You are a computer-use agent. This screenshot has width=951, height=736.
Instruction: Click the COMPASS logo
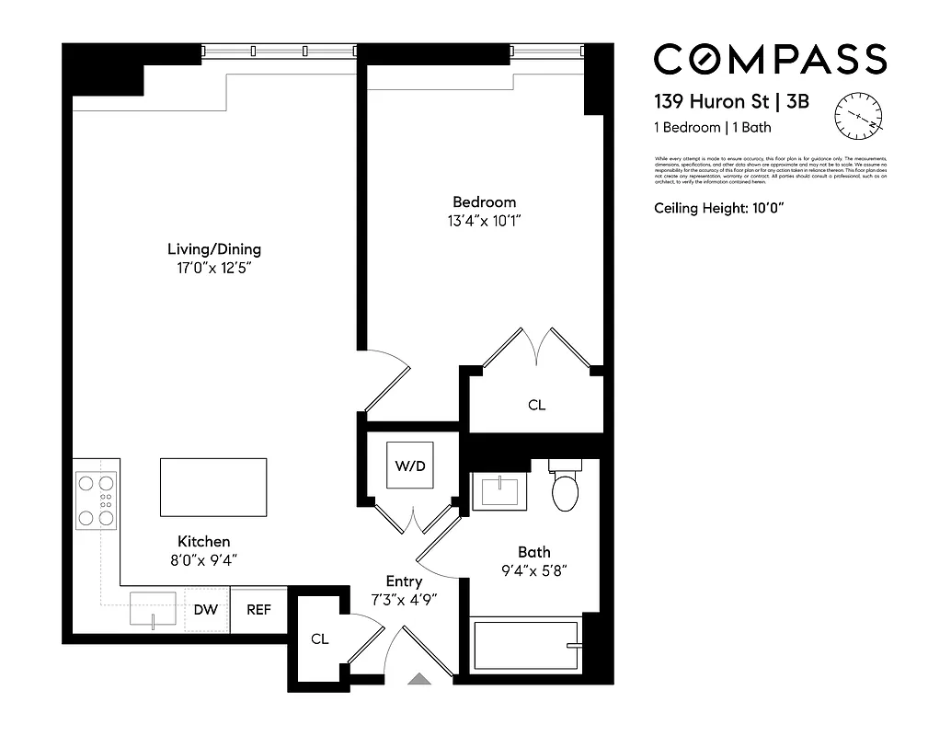click(x=770, y=60)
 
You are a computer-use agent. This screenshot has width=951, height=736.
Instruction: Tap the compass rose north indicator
click(x=857, y=117)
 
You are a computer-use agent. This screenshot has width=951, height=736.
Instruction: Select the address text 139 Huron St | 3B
click(x=731, y=101)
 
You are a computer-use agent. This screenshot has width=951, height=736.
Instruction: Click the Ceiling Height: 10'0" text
click(x=718, y=209)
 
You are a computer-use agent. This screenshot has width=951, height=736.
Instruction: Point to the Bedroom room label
click(x=484, y=202)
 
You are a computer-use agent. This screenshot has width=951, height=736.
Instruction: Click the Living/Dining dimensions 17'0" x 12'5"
click(x=213, y=269)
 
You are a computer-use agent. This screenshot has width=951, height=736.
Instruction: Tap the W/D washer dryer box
click(x=410, y=466)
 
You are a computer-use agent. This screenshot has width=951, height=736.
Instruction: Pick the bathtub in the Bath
click(x=524, y=646)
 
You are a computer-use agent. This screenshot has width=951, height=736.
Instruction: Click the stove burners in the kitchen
click(x=97, y=500)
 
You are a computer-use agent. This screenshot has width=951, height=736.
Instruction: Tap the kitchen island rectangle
click(x=213, y=488)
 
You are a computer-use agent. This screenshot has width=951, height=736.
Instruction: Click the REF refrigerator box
click(x=258, y=610)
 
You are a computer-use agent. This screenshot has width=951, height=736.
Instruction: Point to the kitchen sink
click(x=153, y=609)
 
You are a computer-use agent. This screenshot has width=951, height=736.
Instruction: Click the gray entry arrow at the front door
click(x=419, y=679)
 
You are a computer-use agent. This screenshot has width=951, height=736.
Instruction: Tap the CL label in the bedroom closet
click(x=536, y=405)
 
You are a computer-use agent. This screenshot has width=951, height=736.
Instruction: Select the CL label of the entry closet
click(x=319, y=638)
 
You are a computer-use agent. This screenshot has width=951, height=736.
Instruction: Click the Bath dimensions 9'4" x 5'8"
click(x=533, y=570)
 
